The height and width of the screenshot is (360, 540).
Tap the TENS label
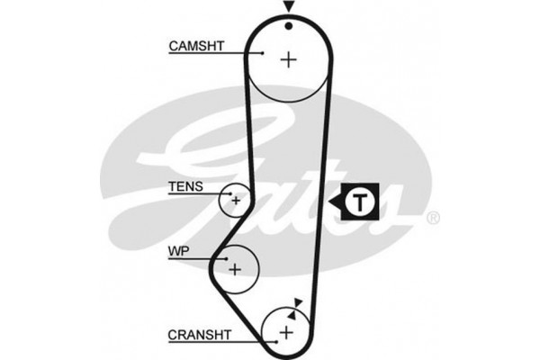coord(185,188)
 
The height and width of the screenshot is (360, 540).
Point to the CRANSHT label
coord(199,334)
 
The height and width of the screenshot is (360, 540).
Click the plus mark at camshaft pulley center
coord(288,59)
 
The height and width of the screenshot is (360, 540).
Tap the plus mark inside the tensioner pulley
coord(236,200)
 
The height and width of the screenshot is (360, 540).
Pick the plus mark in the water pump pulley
coord(235,268)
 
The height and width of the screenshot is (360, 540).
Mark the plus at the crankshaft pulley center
coord(286,332)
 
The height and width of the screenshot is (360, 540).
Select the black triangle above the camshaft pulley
coord(288,7)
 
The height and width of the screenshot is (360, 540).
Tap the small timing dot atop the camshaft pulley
coord(288,25)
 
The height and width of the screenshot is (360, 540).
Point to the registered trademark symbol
coord(433,218)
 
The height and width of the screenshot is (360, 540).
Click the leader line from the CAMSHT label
coord(238,53)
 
